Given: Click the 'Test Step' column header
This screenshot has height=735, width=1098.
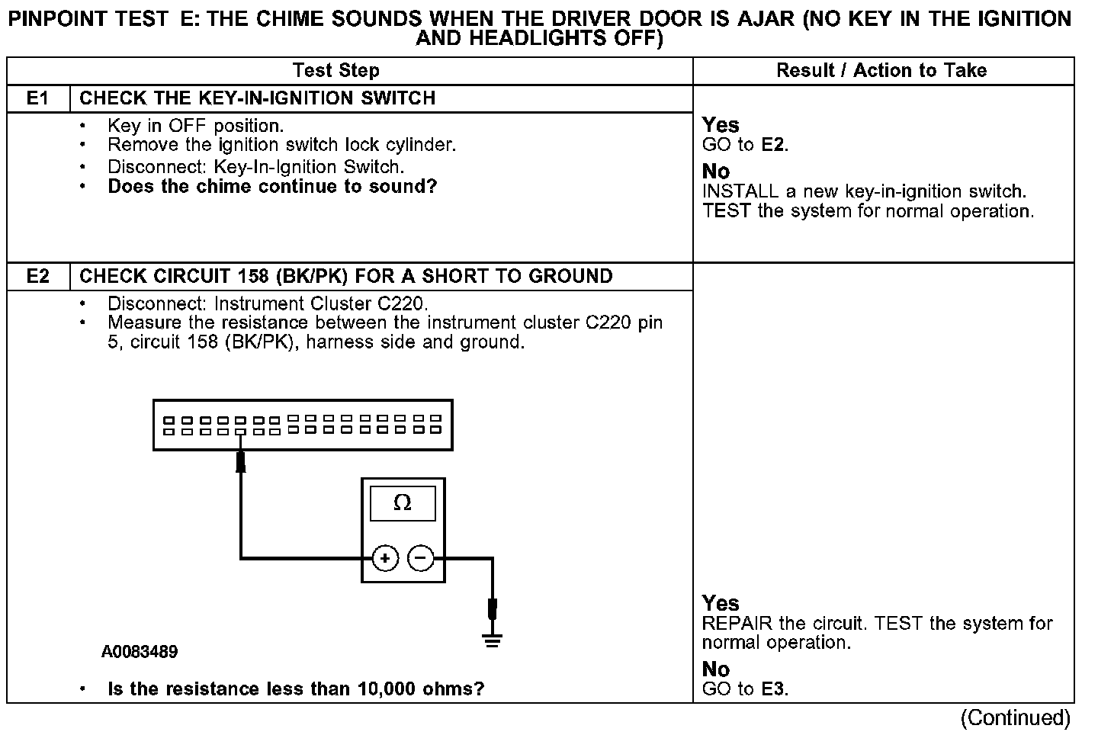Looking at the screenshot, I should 335,71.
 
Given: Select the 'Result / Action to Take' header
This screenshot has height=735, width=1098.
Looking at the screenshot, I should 881,71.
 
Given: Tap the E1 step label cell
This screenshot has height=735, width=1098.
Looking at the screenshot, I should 37,98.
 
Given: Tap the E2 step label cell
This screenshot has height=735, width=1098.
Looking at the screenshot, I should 37,276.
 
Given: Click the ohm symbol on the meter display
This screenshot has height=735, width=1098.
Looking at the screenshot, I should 402,503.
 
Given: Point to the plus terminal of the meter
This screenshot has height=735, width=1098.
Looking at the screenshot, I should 385,559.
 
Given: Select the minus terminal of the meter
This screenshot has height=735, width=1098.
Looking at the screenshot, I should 421,559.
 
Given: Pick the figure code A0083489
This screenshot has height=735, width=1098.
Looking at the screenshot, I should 140,652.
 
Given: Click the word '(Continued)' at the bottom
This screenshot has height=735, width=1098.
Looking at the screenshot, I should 1016,717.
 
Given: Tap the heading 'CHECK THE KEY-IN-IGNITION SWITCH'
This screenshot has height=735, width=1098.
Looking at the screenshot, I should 257,98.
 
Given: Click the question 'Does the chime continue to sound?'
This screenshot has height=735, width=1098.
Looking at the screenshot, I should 272,187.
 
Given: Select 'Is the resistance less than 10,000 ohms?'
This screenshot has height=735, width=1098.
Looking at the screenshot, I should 296,689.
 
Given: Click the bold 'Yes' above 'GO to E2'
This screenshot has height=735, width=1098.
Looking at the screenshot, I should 721,125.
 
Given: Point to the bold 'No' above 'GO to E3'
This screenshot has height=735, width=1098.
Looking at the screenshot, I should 715,669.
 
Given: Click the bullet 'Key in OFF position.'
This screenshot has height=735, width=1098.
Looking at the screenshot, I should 195,125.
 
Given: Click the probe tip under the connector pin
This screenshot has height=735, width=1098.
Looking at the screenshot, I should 241,461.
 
